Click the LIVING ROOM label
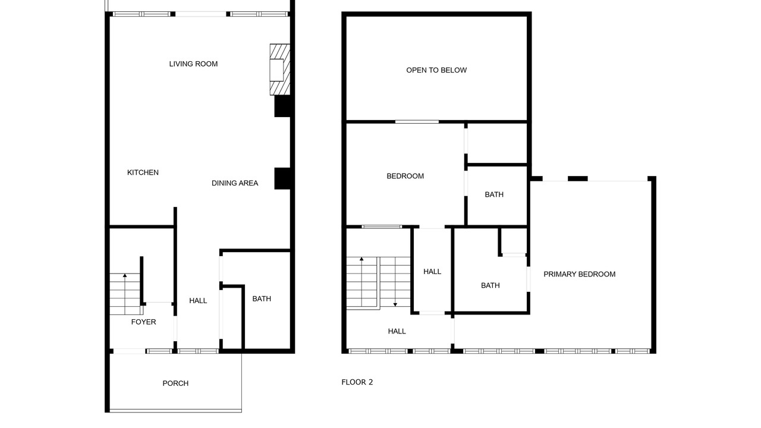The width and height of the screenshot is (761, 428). tap(193, 64)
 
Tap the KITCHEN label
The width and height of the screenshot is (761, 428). tap(143, 172)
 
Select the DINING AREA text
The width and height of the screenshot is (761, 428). tap(235, 183)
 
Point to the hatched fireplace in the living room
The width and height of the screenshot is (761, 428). tap(280, 70)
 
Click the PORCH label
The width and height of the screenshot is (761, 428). tap(175, 383)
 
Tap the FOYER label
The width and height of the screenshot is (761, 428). tap(143, 322)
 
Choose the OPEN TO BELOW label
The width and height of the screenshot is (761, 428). tap(436, 70)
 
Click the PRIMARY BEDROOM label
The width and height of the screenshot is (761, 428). tap(579, 274)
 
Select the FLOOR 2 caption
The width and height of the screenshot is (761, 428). tap(357, 382)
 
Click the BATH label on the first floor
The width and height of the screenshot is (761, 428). tap(262, 298)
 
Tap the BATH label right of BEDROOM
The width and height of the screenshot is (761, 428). tap(494, 194)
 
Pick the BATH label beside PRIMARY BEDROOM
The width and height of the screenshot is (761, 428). tap(490, 285)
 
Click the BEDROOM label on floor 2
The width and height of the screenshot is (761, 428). tap(405, 176)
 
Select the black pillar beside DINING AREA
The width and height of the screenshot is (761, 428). tap(282, 178)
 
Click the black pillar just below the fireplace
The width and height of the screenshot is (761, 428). tap(282, 106)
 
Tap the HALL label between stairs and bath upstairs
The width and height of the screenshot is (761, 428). tap(432, 272)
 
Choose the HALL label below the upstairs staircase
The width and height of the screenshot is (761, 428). tap(397, 331)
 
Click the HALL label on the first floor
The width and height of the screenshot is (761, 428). tap(198, 301)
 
